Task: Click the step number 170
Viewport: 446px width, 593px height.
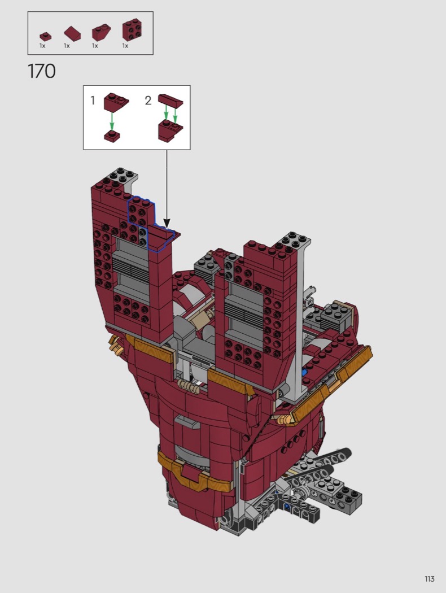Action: click(x=42, y=71)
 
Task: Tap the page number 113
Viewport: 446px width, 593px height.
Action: click(x=430, y=579)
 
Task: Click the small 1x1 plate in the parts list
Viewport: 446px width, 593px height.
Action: click(x=45, y=37)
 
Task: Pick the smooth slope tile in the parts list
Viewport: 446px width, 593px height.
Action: click(x=72, y=33)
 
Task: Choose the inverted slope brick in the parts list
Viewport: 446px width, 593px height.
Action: click(x=101, y=33)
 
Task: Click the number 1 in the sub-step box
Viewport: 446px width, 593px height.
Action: click(x=93, y=100)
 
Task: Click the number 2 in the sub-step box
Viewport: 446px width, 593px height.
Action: click(x=148, y=100)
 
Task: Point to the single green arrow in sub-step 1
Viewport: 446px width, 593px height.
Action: click(x=112, y=120)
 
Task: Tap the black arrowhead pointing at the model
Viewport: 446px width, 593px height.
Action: click(x=167, y=223)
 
